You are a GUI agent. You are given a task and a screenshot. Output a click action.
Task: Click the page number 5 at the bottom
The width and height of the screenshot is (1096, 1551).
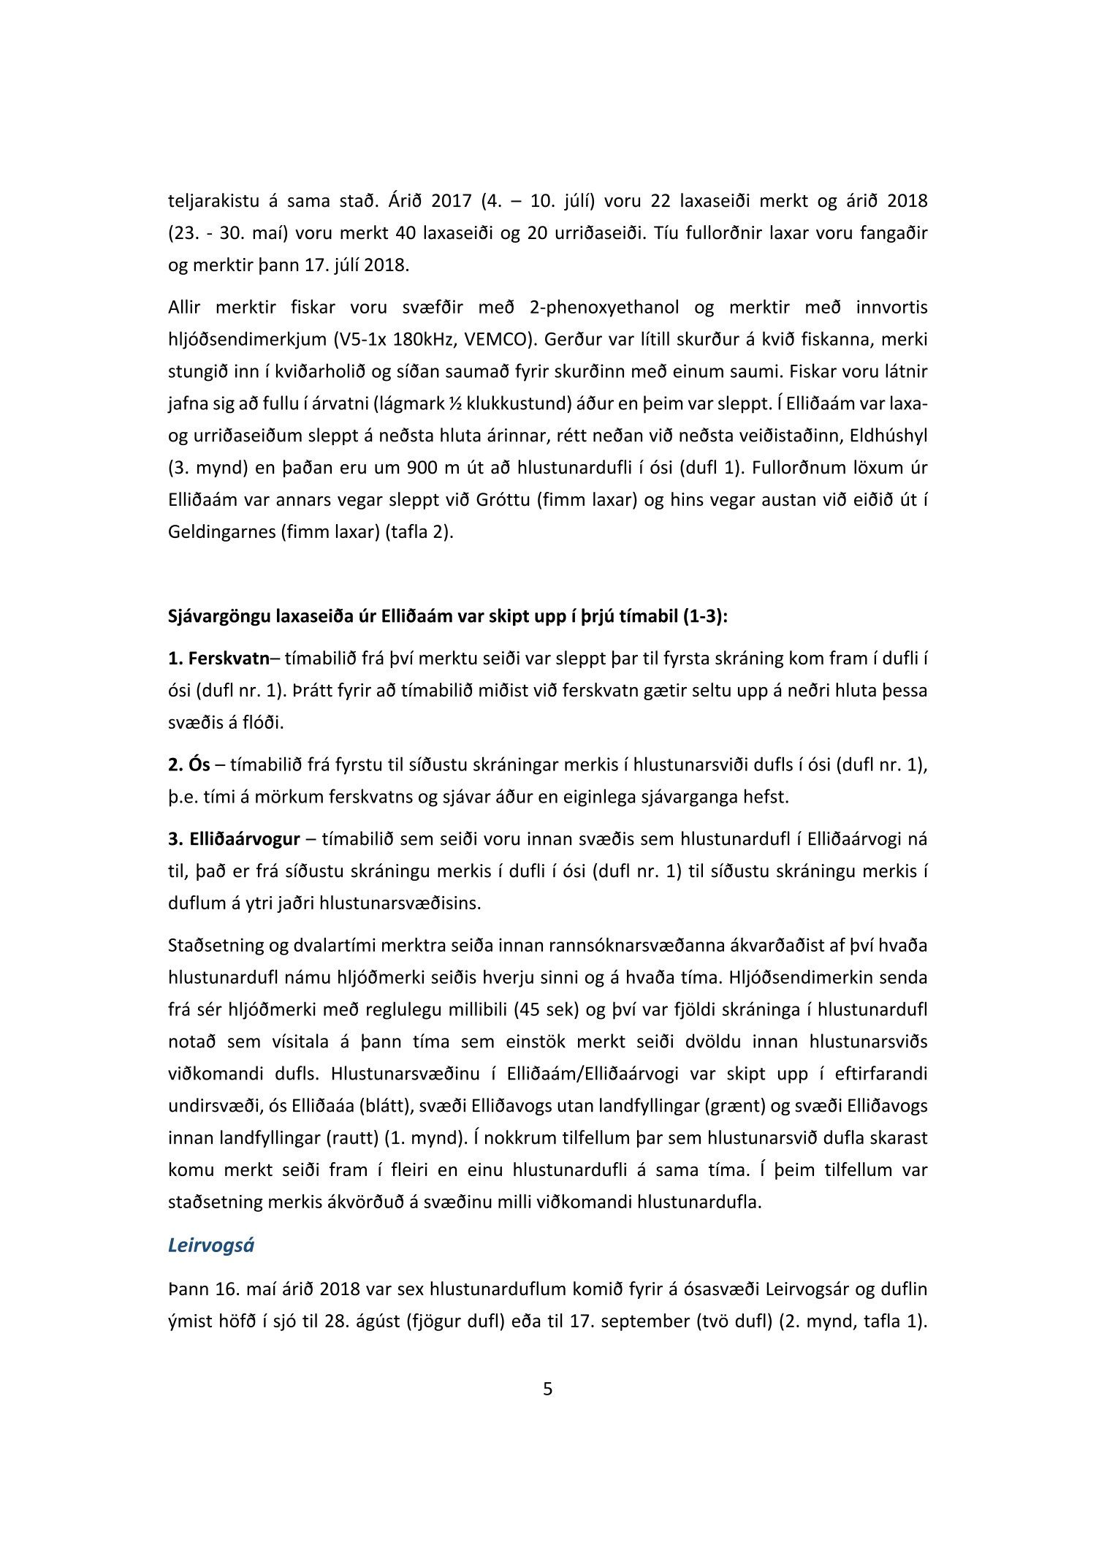pos(548,1389)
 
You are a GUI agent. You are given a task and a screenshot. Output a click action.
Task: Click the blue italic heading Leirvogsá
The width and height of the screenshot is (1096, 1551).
pos(210,1245)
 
